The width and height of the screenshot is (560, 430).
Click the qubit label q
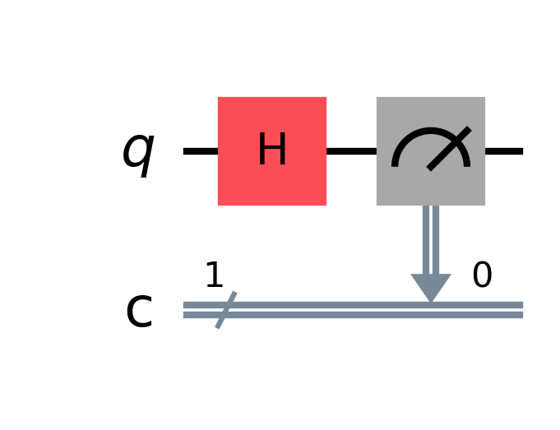pos(138,152)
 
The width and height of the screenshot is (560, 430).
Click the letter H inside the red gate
pos(272,151)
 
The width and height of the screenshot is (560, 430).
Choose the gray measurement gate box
pos(431,185)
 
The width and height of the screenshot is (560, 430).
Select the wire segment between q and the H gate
pos(200,151)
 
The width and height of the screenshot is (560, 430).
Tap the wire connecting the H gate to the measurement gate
pos(351,151)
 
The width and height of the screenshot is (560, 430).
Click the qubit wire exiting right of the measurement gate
pos(504,151)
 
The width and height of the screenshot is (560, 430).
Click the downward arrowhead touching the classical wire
pos(431,288)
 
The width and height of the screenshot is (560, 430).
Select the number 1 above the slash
pos(214,276)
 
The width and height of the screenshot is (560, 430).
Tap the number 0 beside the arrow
pos(482,276)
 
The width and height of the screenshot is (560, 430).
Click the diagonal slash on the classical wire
pos(226,310)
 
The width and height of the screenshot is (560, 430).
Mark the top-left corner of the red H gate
pos(219,98)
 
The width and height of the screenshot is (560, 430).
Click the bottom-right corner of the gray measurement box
pos(484,205)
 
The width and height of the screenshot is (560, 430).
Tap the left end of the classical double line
pos(185,309)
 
